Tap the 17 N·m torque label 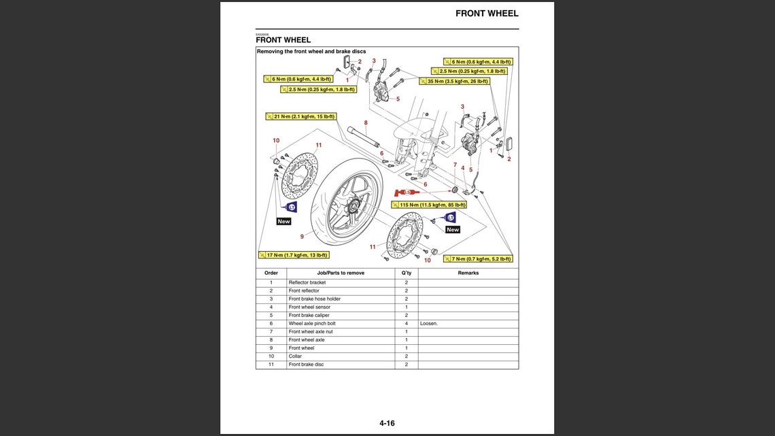coord(293,255)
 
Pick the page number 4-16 coord(387,423)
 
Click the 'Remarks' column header coord(468,273)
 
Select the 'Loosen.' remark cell coord(429,323)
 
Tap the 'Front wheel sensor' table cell coord(309,307)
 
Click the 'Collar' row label coord(295,356)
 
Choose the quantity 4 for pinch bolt coord(406,323)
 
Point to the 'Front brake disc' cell coord(306,364)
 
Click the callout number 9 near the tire coord(302,237)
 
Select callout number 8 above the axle coord(366,123)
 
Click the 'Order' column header coord(271,273)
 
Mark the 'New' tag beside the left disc coord(283,221)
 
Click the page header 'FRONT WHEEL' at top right coord(487,13)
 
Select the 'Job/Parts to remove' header coord(341,273)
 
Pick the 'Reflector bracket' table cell coord(307,282)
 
